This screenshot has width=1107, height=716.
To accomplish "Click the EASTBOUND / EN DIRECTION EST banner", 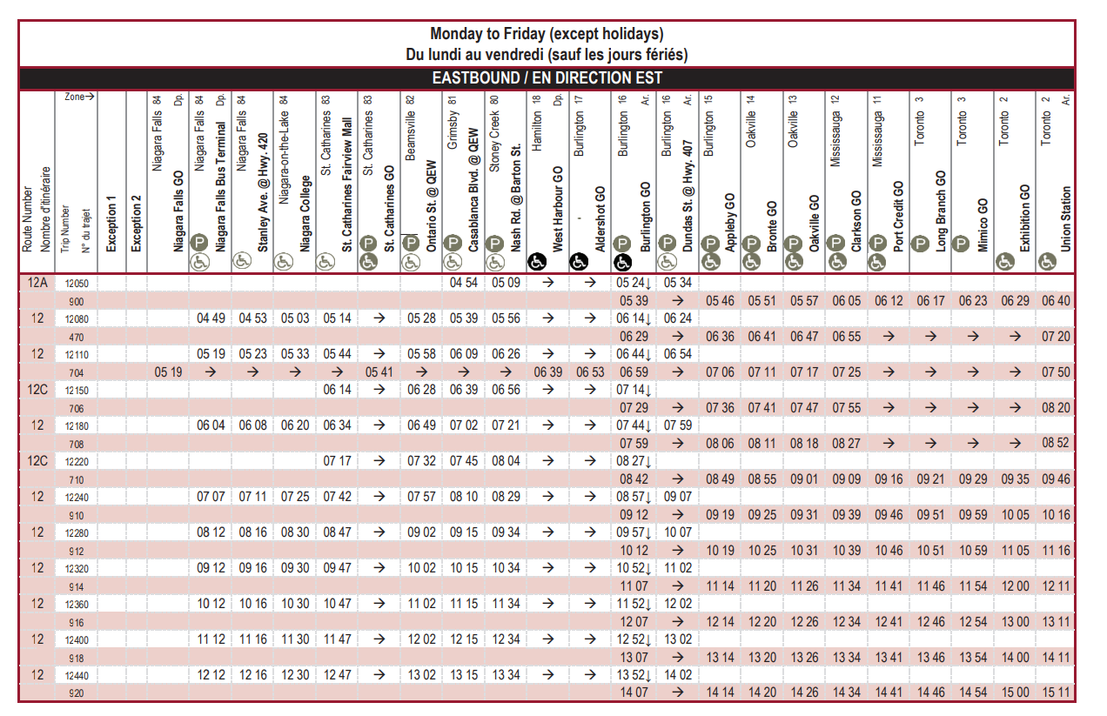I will click(547, 77).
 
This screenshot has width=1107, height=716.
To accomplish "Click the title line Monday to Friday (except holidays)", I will click(547, 34).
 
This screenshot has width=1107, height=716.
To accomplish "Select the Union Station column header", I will click(1067, 218).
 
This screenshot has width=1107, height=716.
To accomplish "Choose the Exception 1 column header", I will click(111, 225).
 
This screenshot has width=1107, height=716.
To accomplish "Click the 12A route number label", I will click(37, 283).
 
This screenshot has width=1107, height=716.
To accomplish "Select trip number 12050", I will click(77, 284).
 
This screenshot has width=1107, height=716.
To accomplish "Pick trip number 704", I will click(77, 372).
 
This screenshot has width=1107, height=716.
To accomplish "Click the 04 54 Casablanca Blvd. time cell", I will click(464, 283).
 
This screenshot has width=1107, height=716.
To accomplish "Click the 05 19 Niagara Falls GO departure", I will click(168, 372).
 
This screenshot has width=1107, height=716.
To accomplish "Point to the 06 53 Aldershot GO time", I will click(590, 372).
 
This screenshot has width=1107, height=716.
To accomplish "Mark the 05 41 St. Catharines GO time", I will click(379, 372).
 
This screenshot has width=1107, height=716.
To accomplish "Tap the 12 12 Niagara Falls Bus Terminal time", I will click(211, 675).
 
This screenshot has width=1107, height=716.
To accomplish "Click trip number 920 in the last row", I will click(77, 693).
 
